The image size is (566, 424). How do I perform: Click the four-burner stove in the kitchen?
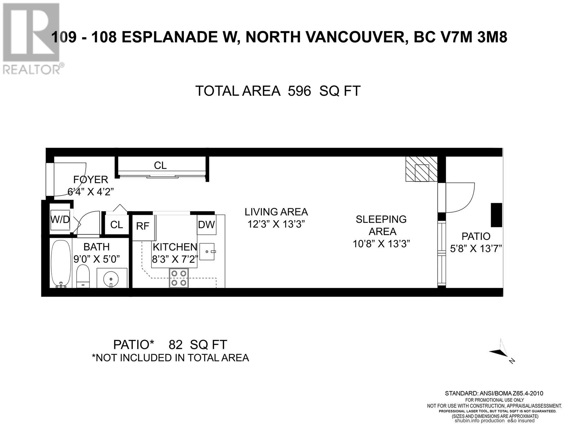[x=178, y=278]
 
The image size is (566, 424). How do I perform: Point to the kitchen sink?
[x=207, y=252]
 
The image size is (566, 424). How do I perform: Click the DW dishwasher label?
[x=206, y=224]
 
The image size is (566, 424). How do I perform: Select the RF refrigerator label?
[x=143, y=226]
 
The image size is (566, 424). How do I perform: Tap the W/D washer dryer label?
[x=60, y=219]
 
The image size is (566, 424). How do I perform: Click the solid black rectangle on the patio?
[x=496, y=215]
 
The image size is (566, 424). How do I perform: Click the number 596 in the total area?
[x=299, y=91]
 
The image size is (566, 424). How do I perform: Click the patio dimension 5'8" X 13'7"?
[x=476, y=249]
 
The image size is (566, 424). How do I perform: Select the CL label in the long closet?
[x=160, y=165]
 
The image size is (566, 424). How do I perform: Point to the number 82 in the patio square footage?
[x=175, y=344]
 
